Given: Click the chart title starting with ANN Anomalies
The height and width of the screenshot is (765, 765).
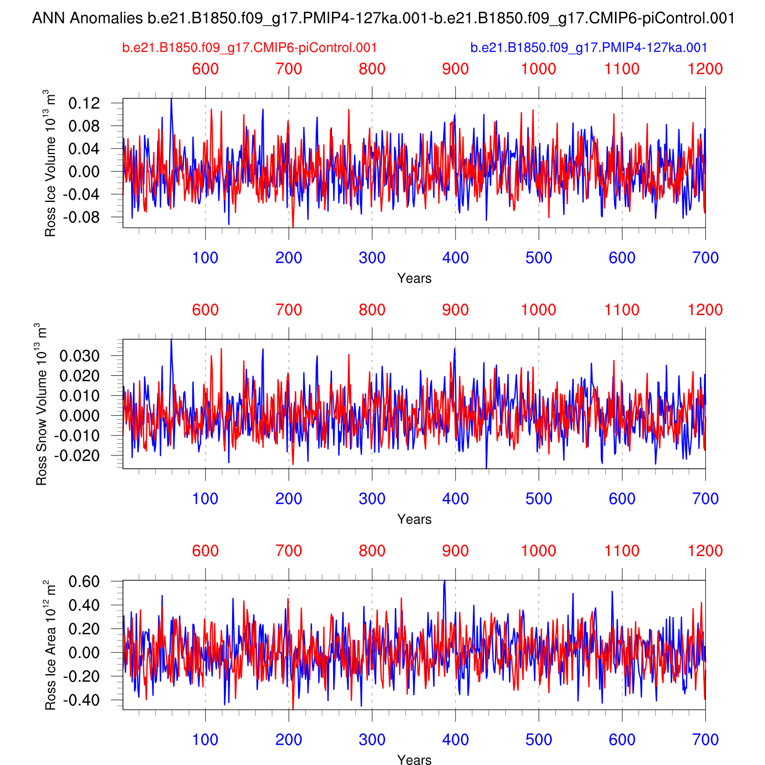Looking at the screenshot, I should [383, 19].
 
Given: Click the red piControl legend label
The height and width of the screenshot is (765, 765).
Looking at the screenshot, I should [249, 48].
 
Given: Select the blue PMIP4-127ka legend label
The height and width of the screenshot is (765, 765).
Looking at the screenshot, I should [589, 48].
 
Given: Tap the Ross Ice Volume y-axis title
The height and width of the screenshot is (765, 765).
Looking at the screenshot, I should [49, 163].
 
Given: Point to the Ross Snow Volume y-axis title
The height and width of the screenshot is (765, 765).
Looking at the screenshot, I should [41, 404].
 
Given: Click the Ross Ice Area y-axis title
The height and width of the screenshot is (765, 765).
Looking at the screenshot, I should [49, 645].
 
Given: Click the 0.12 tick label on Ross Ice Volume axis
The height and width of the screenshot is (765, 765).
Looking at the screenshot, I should [84, 104].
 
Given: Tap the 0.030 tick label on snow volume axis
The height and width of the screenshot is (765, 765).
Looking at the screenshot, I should [80, 356].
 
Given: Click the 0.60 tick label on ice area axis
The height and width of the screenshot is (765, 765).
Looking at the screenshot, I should [84, 582].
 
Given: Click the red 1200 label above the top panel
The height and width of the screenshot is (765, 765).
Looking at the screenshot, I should [705, 69].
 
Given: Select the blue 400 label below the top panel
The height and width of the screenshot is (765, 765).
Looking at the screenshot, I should [455, 258].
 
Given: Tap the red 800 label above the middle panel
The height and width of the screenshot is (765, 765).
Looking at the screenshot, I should [372, 310].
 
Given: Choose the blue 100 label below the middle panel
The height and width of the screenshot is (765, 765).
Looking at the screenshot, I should [205, 499].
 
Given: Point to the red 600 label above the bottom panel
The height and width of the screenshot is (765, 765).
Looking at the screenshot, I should [205, 551].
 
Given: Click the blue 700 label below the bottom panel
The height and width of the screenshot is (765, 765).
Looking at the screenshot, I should [705, 740].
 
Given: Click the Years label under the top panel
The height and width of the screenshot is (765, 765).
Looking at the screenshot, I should [414, 278].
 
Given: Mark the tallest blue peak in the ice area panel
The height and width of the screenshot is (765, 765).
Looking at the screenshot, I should [444, 581].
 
